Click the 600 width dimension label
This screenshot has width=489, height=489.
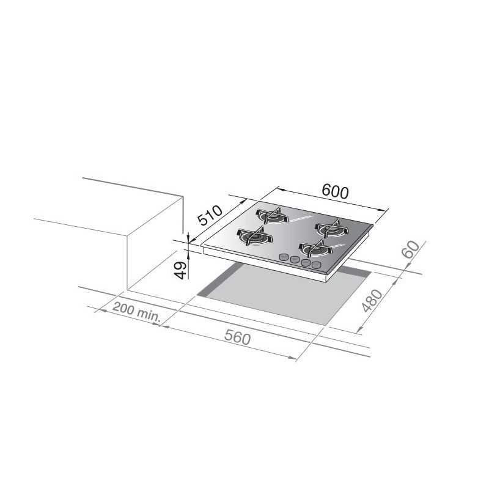(335, 191)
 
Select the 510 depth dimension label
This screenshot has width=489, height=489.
(210, 215)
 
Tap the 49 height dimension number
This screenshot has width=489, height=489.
(180, 270)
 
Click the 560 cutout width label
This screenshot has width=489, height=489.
(237, 337)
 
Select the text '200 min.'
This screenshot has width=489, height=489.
(136, 312)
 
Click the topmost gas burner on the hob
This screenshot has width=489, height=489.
(272, 215)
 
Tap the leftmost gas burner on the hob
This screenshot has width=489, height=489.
(255, 237)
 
